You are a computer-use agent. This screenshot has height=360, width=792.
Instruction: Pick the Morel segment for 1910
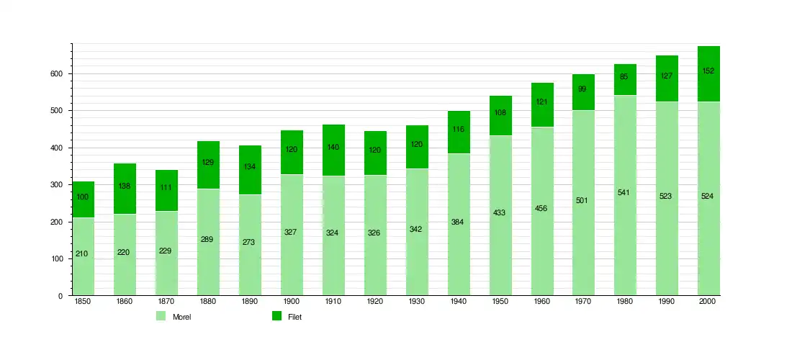pos(333,266)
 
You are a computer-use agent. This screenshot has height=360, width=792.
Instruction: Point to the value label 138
pos(125,186)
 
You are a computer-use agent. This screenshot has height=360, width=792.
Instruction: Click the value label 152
pos(708,71)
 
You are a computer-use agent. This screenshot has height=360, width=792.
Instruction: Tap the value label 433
pos(500,212)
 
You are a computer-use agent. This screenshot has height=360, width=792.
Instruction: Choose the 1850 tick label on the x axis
pos(83,302)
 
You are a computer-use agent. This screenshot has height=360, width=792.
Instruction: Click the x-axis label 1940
pos(459,302)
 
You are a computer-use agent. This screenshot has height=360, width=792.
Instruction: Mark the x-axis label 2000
pos(708,302)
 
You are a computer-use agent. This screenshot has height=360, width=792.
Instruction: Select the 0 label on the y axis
pos(61,296)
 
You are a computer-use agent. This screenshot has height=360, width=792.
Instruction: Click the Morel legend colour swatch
pos(161,316)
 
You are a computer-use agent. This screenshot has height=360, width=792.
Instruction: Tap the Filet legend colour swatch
pos(276,316)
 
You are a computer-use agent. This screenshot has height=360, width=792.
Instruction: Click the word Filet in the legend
pos(294,317)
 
